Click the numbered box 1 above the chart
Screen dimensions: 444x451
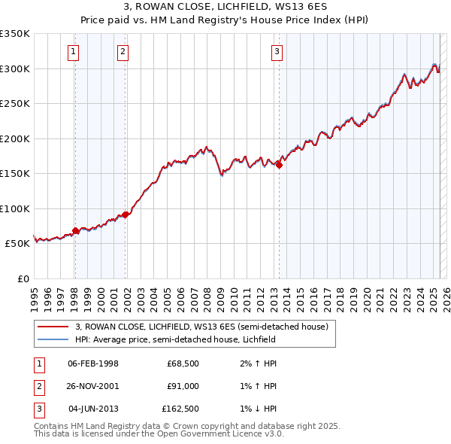74,52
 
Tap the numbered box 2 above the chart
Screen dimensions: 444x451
123,52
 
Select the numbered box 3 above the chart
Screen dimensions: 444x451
277,52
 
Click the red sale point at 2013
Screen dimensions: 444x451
280,166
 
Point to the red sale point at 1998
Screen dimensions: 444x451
75,230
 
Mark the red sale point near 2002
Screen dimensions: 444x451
126,214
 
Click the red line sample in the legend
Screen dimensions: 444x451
52,327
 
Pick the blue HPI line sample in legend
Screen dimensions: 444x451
52,339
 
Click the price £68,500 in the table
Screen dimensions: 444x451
183,364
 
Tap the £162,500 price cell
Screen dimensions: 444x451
180,409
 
